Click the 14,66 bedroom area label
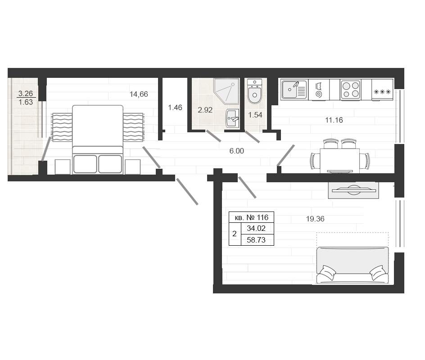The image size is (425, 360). pyautogui.click(x=139, y=94)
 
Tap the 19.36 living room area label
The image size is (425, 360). pyautogui.click(x=315, y=219)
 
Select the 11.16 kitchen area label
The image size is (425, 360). pyautogui.click(x=334, y=120)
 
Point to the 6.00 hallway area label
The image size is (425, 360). pyautogui.click(x=237, y=151)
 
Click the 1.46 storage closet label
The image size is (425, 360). pyautogui.click(x=175, y=108)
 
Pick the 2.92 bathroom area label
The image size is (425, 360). pyautogui.click(x=205, y=110)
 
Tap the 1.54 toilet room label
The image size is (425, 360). pyautogui.click(x=255, y=115)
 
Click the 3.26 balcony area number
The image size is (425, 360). pyautogui.click(x=26, y=94)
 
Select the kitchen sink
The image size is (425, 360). pyautogui.click(x=294, y=90)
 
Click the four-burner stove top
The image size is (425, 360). pyautogui.click(x=350, y=90)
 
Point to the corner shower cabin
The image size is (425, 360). pyautogui.click(x=226, y=91)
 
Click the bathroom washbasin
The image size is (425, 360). pyautogui.click(x=232, y=118)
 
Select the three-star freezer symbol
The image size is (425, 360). pyautogui.click(x=382, y=92)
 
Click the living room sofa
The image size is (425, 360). pyautogui.click(x=353, y=265)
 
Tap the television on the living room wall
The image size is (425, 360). pyautogui.click(x=353, y=190)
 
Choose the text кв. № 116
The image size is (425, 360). pyautogui.click(x=252, y=217)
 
